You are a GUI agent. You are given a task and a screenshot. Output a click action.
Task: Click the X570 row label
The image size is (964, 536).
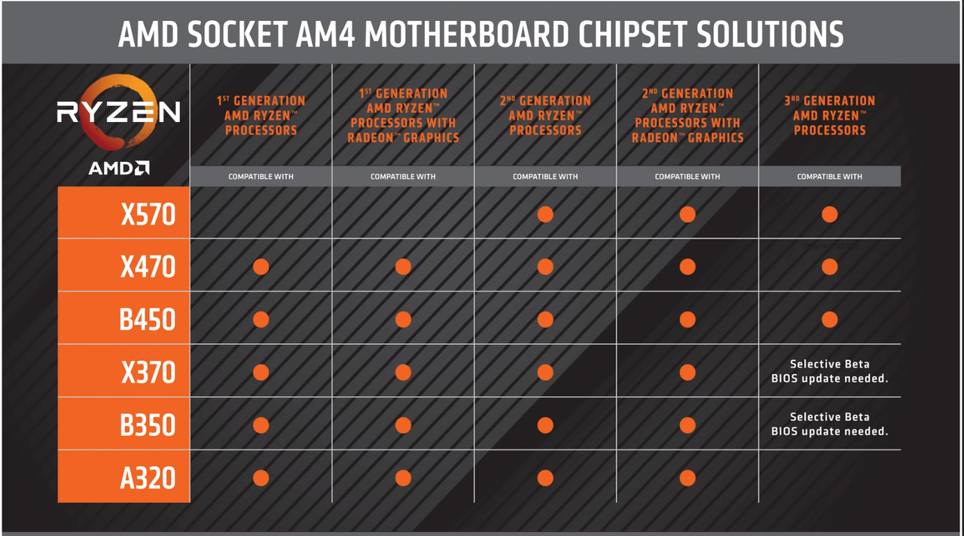point(148,215)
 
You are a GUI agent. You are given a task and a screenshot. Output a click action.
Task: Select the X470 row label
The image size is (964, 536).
point(148,267)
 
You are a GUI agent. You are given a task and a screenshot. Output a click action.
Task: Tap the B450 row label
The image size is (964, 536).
point(147,320)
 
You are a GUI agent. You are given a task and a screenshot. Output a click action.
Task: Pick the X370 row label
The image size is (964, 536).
point(148,373)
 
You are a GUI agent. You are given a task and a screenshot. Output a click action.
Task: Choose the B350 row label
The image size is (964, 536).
point(147,425)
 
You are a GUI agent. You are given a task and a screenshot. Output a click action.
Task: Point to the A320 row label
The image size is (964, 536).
point(148,478)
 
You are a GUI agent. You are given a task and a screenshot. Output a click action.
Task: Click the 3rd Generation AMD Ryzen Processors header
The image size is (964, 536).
point(829,115)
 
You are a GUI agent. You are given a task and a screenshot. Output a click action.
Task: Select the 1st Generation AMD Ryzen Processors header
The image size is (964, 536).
point(261,115)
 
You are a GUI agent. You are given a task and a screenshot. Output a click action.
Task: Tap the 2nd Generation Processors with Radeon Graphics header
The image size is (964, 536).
point(687,115)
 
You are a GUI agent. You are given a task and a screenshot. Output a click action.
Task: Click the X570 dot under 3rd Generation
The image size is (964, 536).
point(829,215)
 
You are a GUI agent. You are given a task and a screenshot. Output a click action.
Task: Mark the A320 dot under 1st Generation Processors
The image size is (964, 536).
point(261,478)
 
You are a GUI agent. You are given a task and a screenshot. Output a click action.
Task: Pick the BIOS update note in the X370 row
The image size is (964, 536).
point(829,371)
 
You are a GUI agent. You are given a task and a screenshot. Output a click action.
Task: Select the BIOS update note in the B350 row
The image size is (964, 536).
point(829,424)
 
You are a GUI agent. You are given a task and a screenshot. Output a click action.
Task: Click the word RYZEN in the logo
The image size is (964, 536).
point(118,112)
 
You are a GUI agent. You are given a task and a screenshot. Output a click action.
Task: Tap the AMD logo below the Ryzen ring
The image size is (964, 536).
point(118,169)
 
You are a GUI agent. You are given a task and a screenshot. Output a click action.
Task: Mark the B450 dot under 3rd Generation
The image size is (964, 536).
point(829,319)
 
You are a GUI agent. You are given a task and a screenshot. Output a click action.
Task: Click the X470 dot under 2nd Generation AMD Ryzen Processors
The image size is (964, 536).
point(545,266)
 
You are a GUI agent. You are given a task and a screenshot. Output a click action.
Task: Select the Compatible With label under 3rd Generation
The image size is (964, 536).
point(829,177)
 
